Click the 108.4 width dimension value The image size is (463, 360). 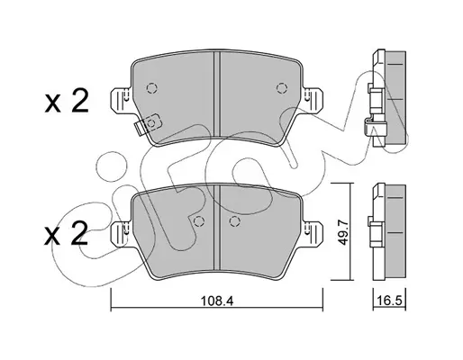point(217,301)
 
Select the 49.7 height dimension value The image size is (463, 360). point(342,231)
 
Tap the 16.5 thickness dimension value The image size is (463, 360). point(389,301)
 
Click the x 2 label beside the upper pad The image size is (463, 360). point(67,102)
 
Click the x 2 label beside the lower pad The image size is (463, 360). point(66,234)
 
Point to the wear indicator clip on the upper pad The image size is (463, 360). point(148,124)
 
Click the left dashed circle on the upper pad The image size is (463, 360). point(152,88)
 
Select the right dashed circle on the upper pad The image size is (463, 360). point(281,88)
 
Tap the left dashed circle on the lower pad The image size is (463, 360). point(198,221)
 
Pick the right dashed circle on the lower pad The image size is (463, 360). point(234,221)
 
